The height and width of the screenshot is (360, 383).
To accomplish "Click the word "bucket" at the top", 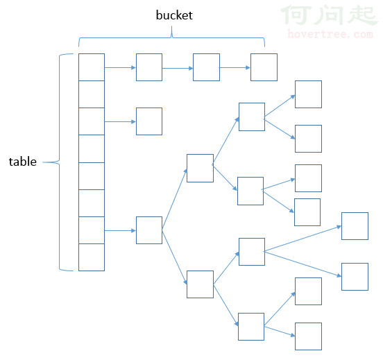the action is tap(174, 15).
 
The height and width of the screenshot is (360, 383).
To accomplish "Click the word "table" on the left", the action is tap(23, 162).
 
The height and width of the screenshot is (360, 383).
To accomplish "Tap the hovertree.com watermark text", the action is tap(330, 34).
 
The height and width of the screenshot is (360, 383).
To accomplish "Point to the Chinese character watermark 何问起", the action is tap(330, 15).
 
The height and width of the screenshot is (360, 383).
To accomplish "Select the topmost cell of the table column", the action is tap(92, 67).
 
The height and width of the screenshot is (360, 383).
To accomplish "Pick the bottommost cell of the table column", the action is tap(92, 257).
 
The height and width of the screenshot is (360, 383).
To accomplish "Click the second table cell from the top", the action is tap(92, 94).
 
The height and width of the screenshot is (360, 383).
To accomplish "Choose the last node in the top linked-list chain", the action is tap(264, 67).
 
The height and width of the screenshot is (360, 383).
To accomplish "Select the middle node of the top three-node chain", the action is tap(206, 67).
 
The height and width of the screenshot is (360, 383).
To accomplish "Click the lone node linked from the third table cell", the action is tap(149, 121).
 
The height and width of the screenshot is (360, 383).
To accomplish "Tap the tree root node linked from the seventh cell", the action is tap(149, 230).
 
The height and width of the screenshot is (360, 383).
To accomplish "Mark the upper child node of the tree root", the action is tap(200, 168).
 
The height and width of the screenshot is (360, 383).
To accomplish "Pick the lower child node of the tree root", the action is tap(200, 284).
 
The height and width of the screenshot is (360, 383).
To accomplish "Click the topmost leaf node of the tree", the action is tap(308, 94).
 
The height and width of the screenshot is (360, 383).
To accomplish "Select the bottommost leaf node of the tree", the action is tap(308, 336).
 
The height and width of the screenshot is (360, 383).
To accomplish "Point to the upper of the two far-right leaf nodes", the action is tap(355, 226).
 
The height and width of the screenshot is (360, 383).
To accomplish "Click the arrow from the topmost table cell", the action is tap(120, 67).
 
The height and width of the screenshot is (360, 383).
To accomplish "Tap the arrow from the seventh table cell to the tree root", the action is tap(120, 230).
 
